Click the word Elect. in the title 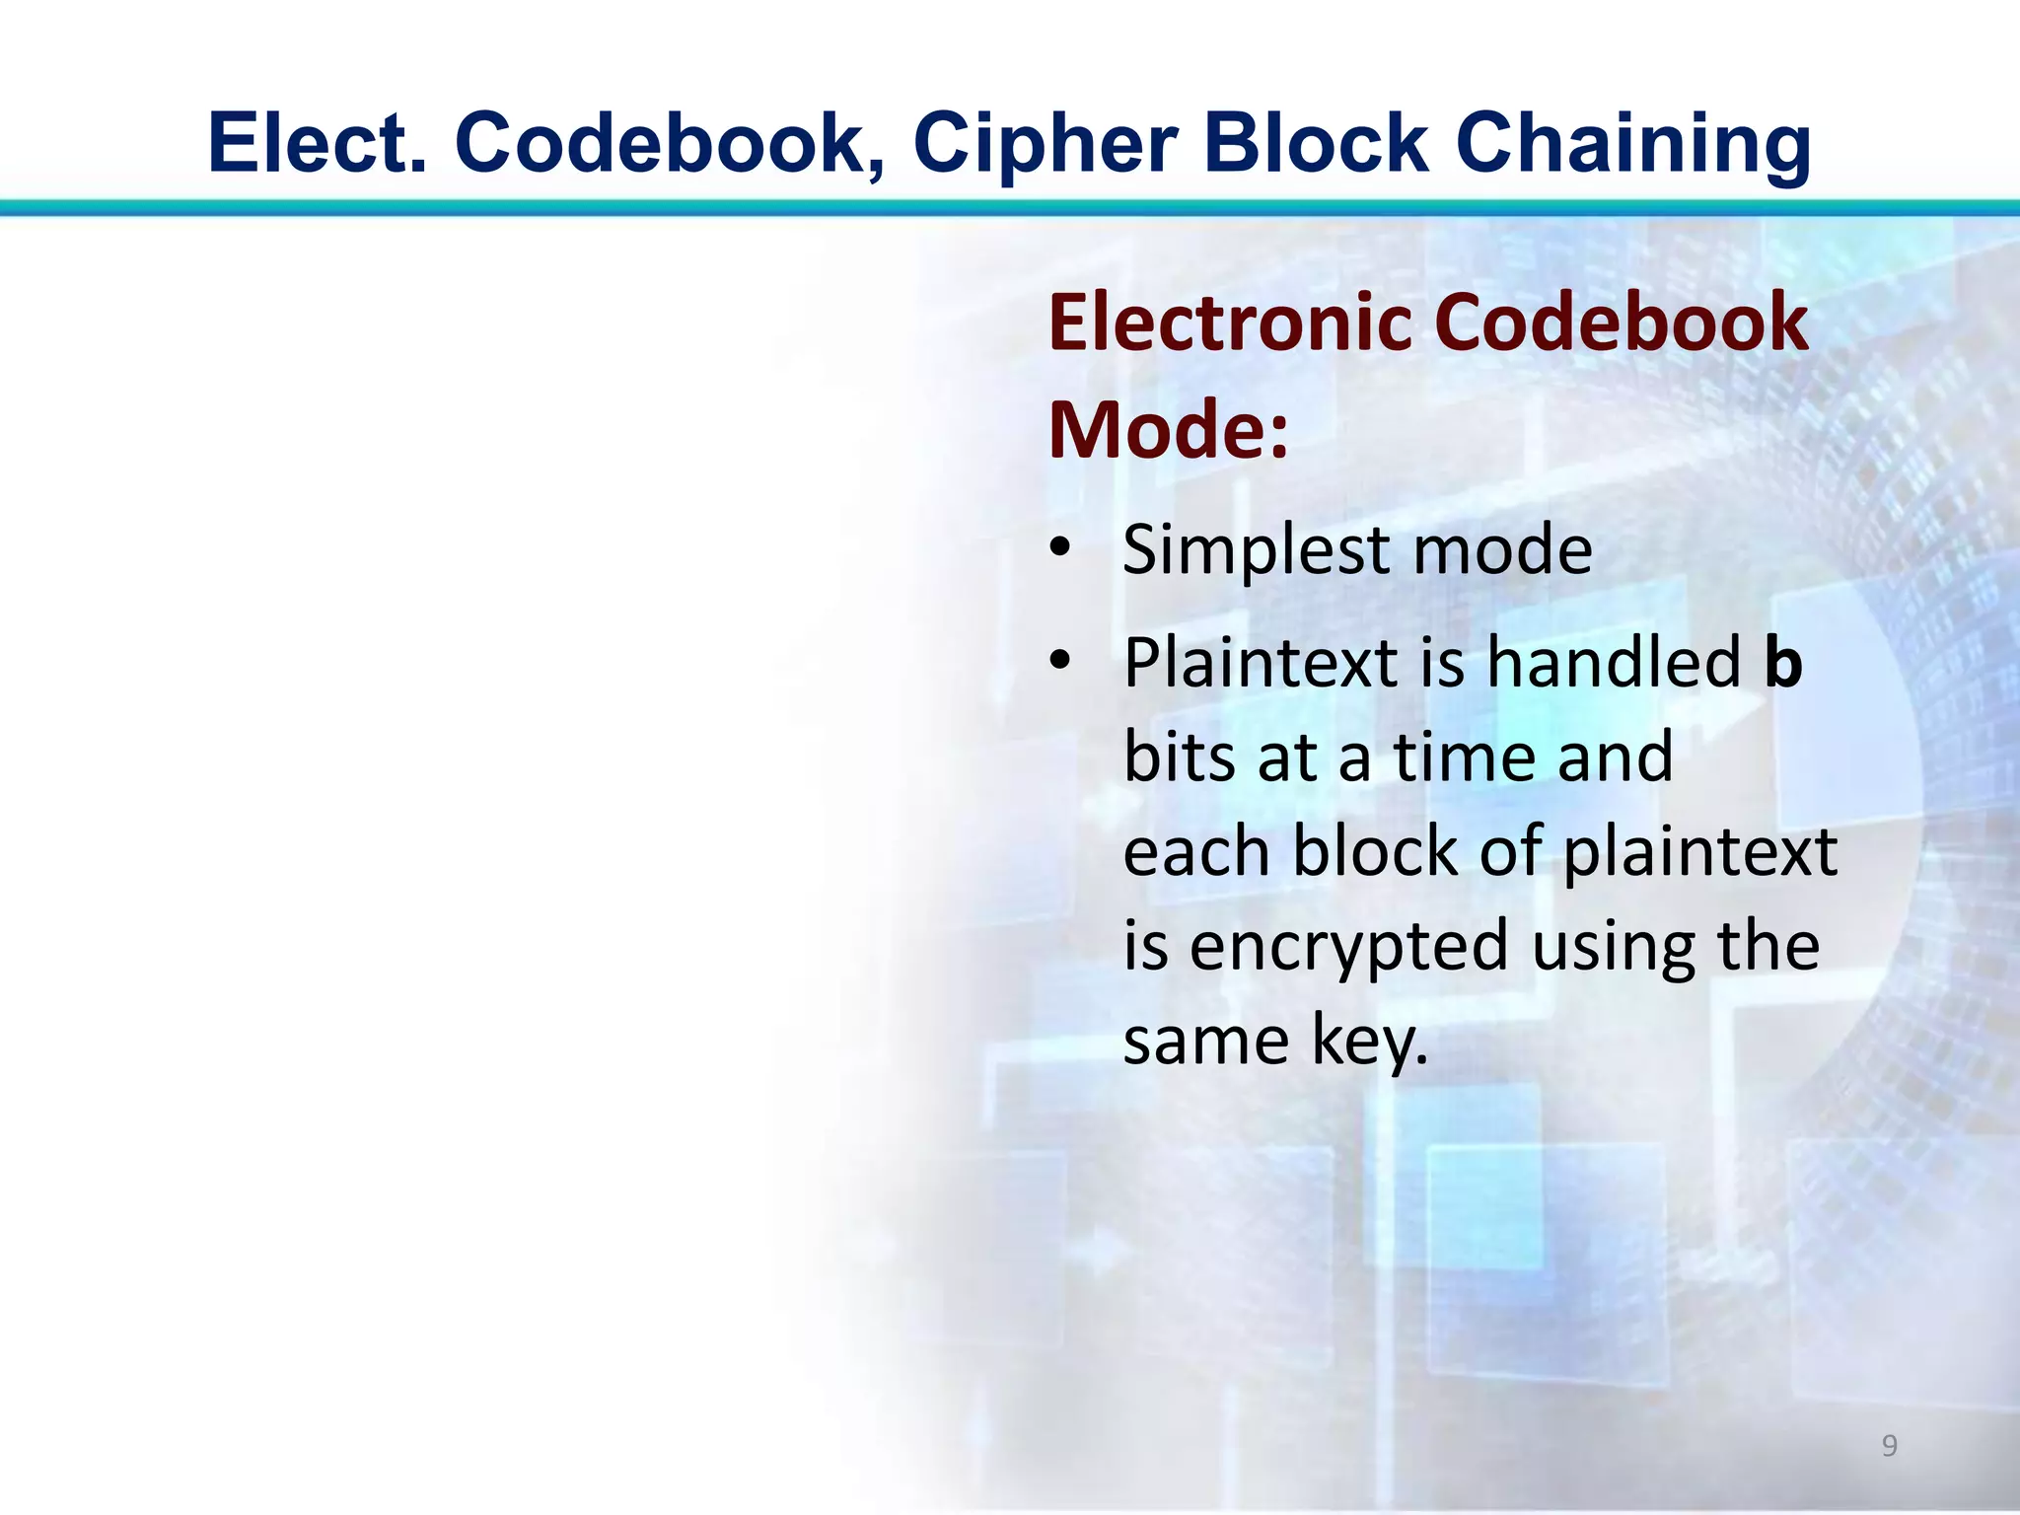[318, 142]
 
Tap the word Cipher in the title [1045, 144]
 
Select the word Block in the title [1316, 142]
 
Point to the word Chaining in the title [1632, 144]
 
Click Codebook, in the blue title [672, 144]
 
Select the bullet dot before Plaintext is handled [1059, 661]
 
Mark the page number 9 [1889, 1446]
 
